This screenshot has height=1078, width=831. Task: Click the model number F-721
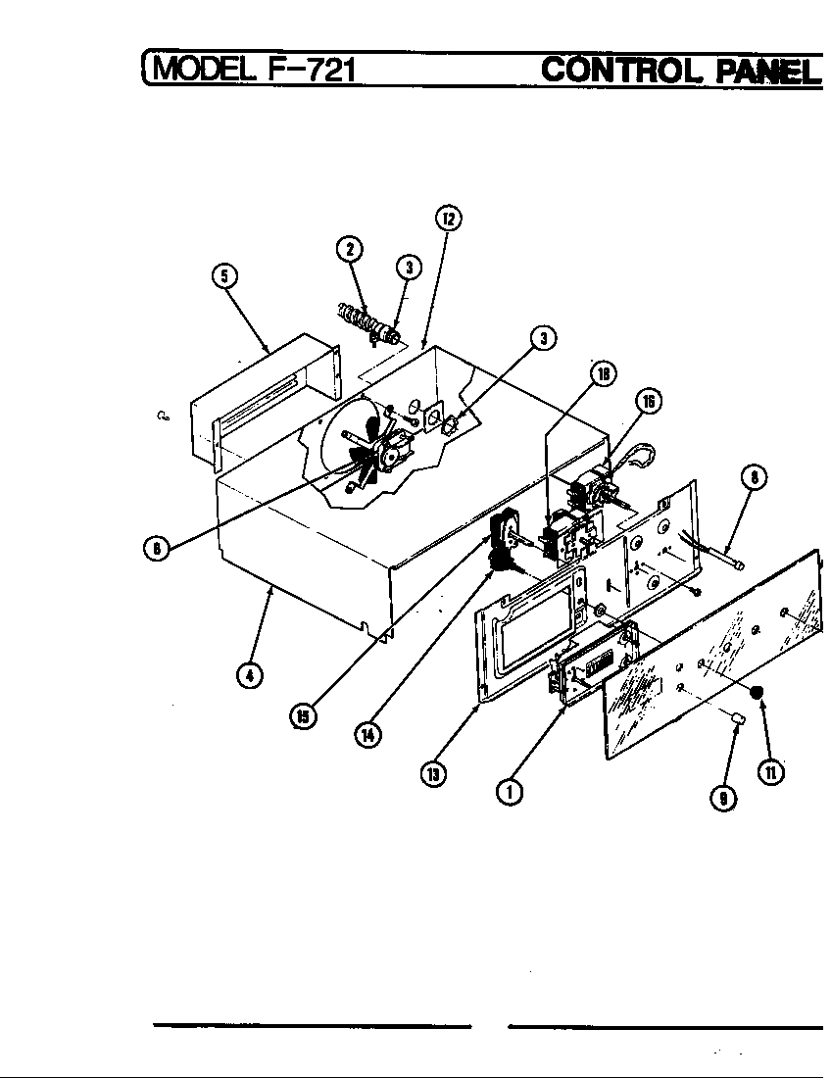[x=307, y=70]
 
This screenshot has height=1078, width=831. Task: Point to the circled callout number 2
[x=348, y=248]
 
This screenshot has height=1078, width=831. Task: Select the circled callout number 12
[x=447, y=218]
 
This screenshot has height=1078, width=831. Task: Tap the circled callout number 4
[x=250, y=676]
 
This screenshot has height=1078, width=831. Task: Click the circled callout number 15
[x=303, y=717]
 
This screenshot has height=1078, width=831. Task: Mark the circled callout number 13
[x=433, y=773]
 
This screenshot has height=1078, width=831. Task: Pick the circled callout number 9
[x=723, y=798]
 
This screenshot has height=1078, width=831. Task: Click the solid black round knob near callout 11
[x=757, y=694]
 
